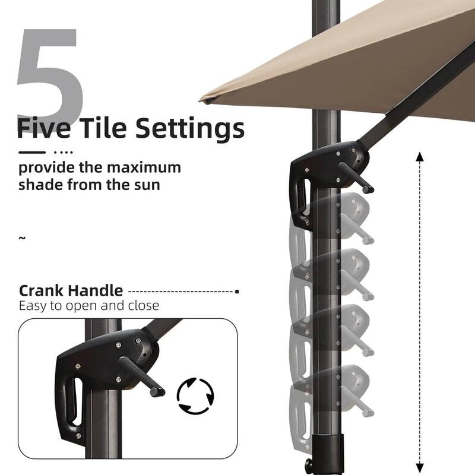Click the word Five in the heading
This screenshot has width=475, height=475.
tap(43, 128)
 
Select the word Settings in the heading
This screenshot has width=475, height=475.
tap(190, 129)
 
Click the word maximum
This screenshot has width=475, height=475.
tap(144, 167)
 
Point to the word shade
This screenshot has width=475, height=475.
tap(40, 185)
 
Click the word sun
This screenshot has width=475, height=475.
tap(147, 186)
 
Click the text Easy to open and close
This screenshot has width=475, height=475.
tap(89, 306)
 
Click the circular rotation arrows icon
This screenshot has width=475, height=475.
tap(195, 396)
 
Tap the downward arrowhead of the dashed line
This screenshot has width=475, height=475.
tap(420, 468)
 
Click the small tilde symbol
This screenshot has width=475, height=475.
tap(22, 238)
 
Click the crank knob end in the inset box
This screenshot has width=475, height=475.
tap(157, 392)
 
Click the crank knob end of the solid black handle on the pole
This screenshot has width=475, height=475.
tap(369, 189)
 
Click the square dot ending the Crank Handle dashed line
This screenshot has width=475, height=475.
tap(237, 292)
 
